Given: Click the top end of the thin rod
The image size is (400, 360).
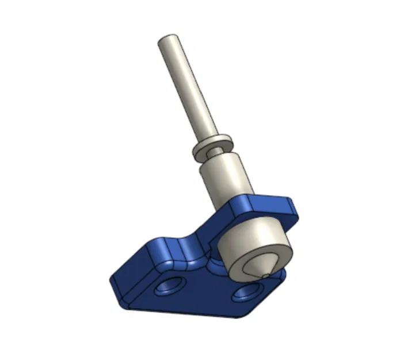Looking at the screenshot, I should [x=169, y=41].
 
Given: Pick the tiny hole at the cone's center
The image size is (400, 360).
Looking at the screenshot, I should [x=265, y=275].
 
